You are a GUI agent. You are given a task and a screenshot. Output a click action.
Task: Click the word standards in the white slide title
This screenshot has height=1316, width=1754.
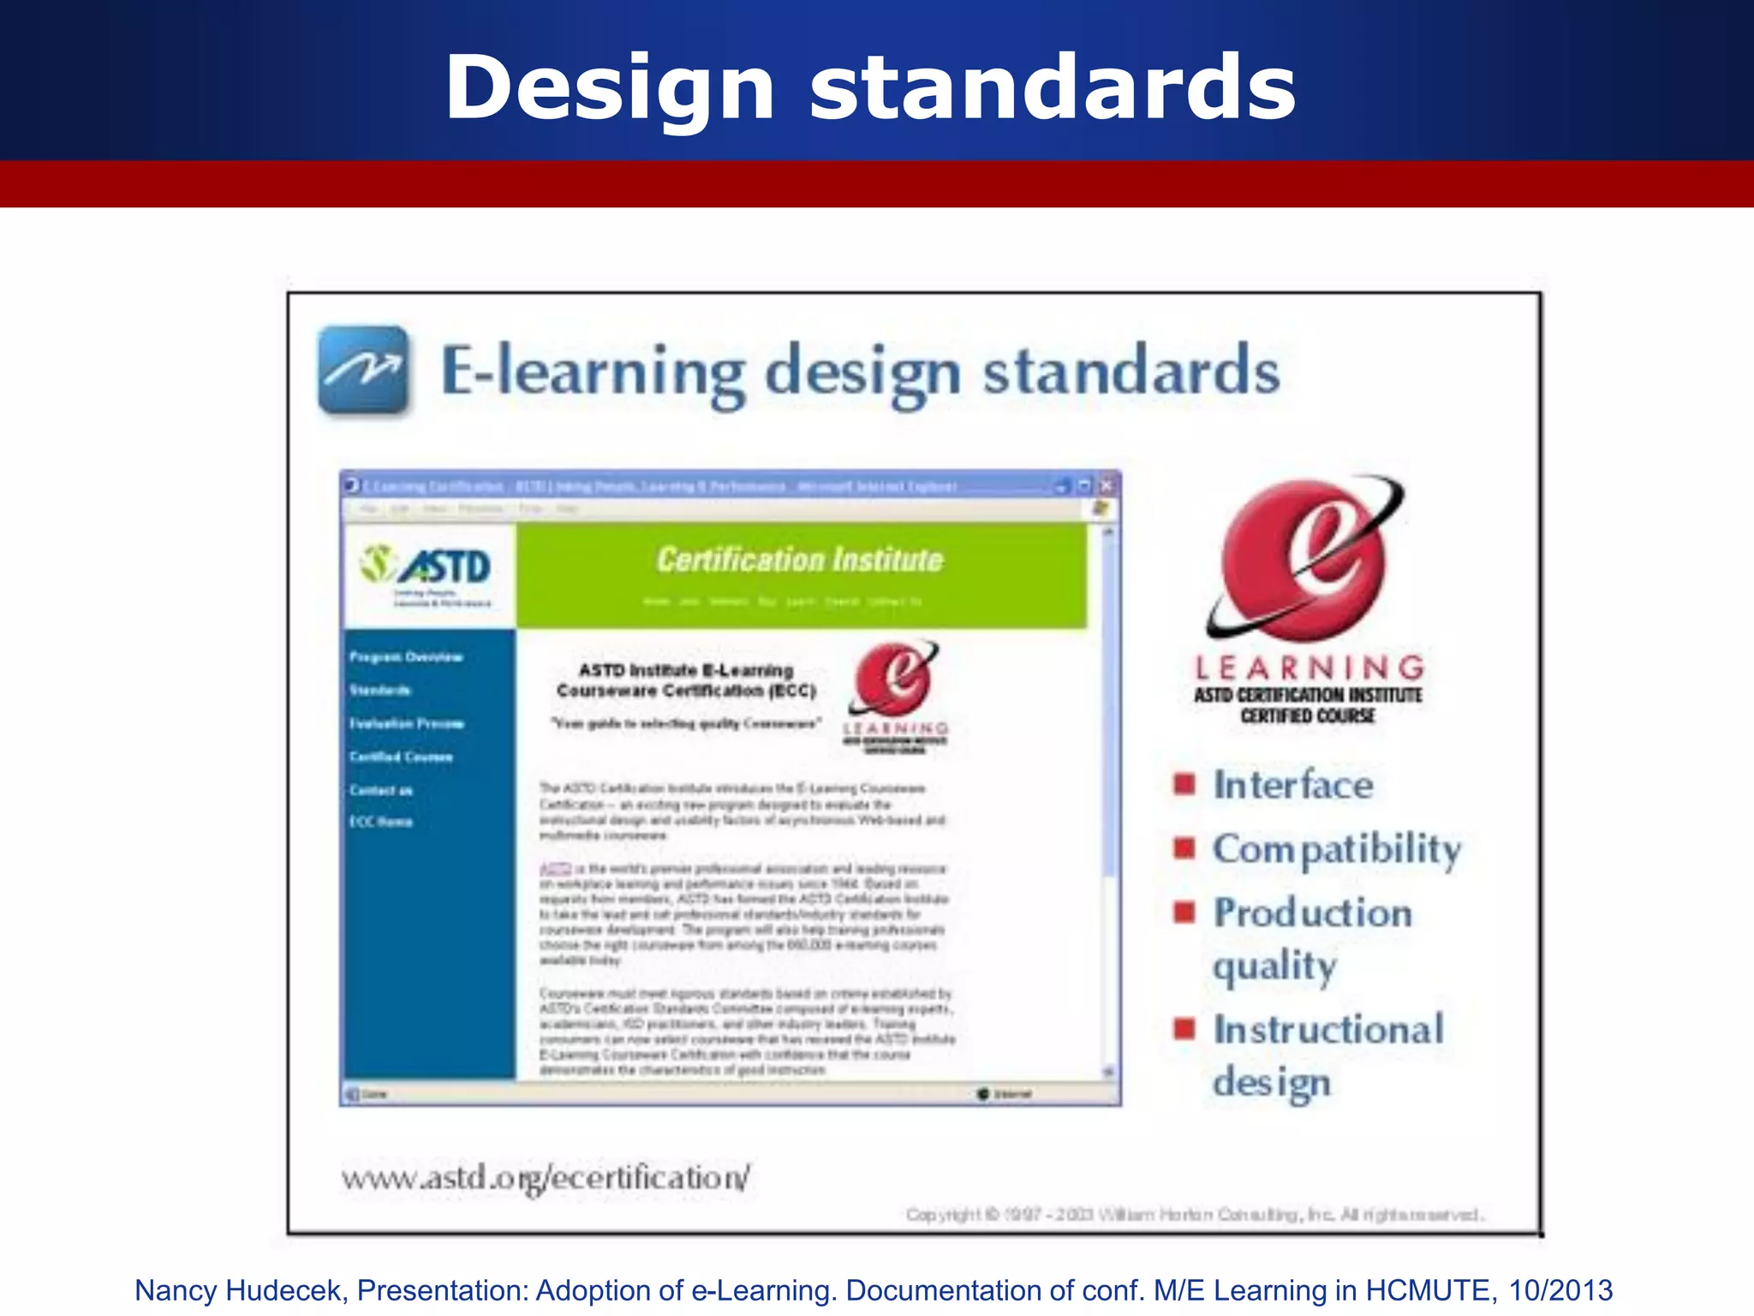click(1053, 87)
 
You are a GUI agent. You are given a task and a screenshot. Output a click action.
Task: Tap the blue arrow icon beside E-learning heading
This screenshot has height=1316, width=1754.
click(363, 370)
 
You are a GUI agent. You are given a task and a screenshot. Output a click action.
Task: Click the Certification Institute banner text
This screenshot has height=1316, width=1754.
click(800, 560)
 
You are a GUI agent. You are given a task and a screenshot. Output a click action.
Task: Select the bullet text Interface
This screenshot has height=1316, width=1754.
click(1293, 785)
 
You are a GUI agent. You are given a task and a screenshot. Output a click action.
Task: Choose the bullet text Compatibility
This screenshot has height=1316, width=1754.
click(1337, 849)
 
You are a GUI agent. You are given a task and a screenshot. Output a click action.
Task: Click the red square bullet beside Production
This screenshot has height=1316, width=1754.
click(1184, 911)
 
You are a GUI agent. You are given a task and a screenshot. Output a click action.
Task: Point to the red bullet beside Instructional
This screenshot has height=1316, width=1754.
click(1184, 1027)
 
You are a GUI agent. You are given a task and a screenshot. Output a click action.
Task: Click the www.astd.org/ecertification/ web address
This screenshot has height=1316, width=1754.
click(546, 1178)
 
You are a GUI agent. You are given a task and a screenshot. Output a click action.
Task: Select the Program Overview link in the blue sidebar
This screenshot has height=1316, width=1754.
click(406, 657)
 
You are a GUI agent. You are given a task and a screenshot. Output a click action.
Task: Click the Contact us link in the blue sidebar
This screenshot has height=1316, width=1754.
click(381, 790)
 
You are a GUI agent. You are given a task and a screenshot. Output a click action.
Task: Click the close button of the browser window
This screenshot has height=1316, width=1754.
click(1107, 486)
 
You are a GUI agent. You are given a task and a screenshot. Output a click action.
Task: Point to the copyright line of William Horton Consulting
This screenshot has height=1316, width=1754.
click(1194, 1215)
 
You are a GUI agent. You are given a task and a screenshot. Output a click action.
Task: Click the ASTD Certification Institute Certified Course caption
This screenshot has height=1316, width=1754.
click(1308, 705)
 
